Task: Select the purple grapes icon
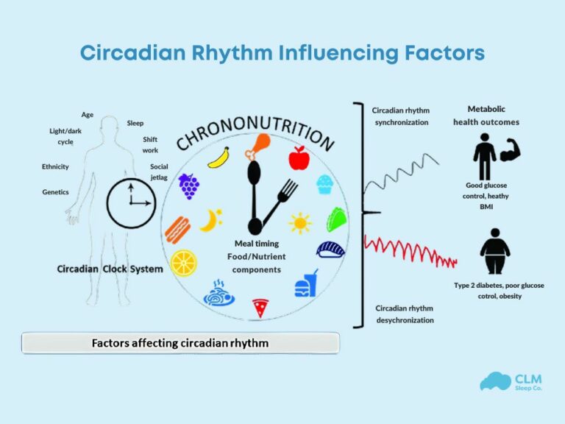tap(189, 185)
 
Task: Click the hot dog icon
tap(177, 229)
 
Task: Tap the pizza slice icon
tap(260, 307)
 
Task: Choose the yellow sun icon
tap(299, 222)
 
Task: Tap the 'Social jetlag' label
tap(159, 172)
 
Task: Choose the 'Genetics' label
tap(55, 192)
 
